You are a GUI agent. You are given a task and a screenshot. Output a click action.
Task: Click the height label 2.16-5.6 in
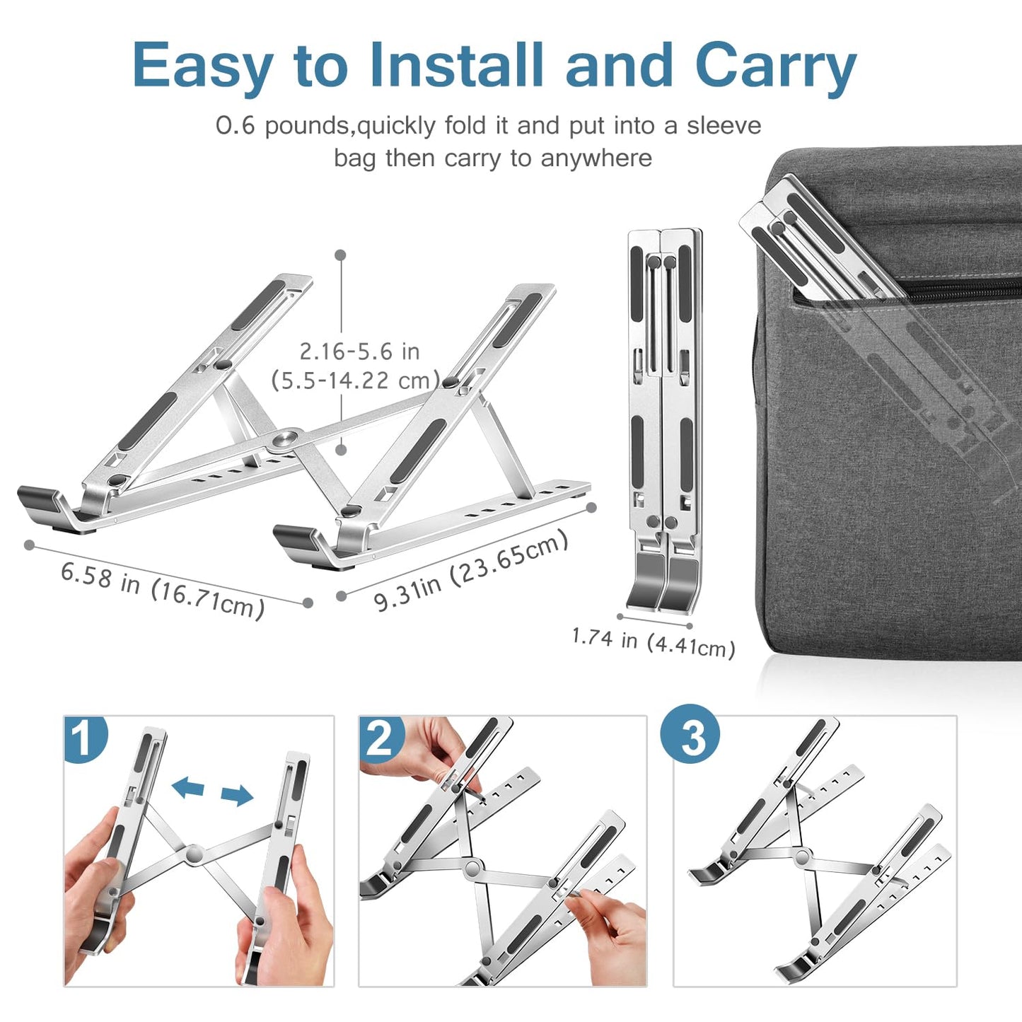tap(359, 352)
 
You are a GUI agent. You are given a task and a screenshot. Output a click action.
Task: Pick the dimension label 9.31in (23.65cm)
tap(471, 571)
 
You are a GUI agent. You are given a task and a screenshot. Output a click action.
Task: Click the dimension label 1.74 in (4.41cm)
tap(653, 642)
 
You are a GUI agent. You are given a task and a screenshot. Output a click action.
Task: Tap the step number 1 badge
tap(85, 738)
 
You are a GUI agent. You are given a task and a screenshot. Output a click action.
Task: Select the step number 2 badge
tap(381, 738)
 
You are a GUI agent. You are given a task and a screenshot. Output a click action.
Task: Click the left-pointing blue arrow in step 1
tap(188, 786)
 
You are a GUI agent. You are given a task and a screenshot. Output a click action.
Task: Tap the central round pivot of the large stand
tap(286, 441)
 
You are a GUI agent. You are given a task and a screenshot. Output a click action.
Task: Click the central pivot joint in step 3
tap(802, 858)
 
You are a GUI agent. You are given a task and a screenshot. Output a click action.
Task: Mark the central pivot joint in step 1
tap(194, 854)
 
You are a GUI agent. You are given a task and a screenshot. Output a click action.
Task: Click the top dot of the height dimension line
tap(341, 255)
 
